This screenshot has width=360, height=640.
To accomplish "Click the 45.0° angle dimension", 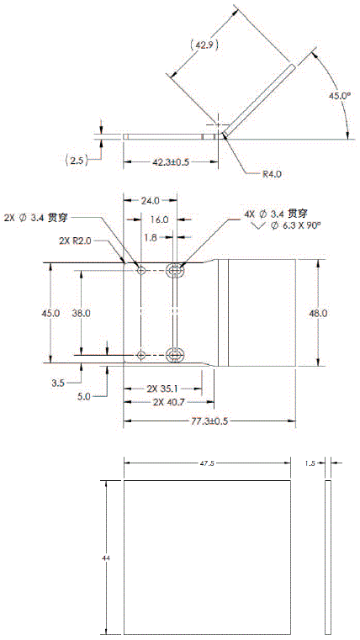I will click(340, 97).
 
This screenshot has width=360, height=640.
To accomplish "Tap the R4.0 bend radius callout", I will click(273, 174).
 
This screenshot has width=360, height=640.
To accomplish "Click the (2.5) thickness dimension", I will click(77, 160).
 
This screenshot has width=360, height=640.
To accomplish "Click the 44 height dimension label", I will click(105, 558).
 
